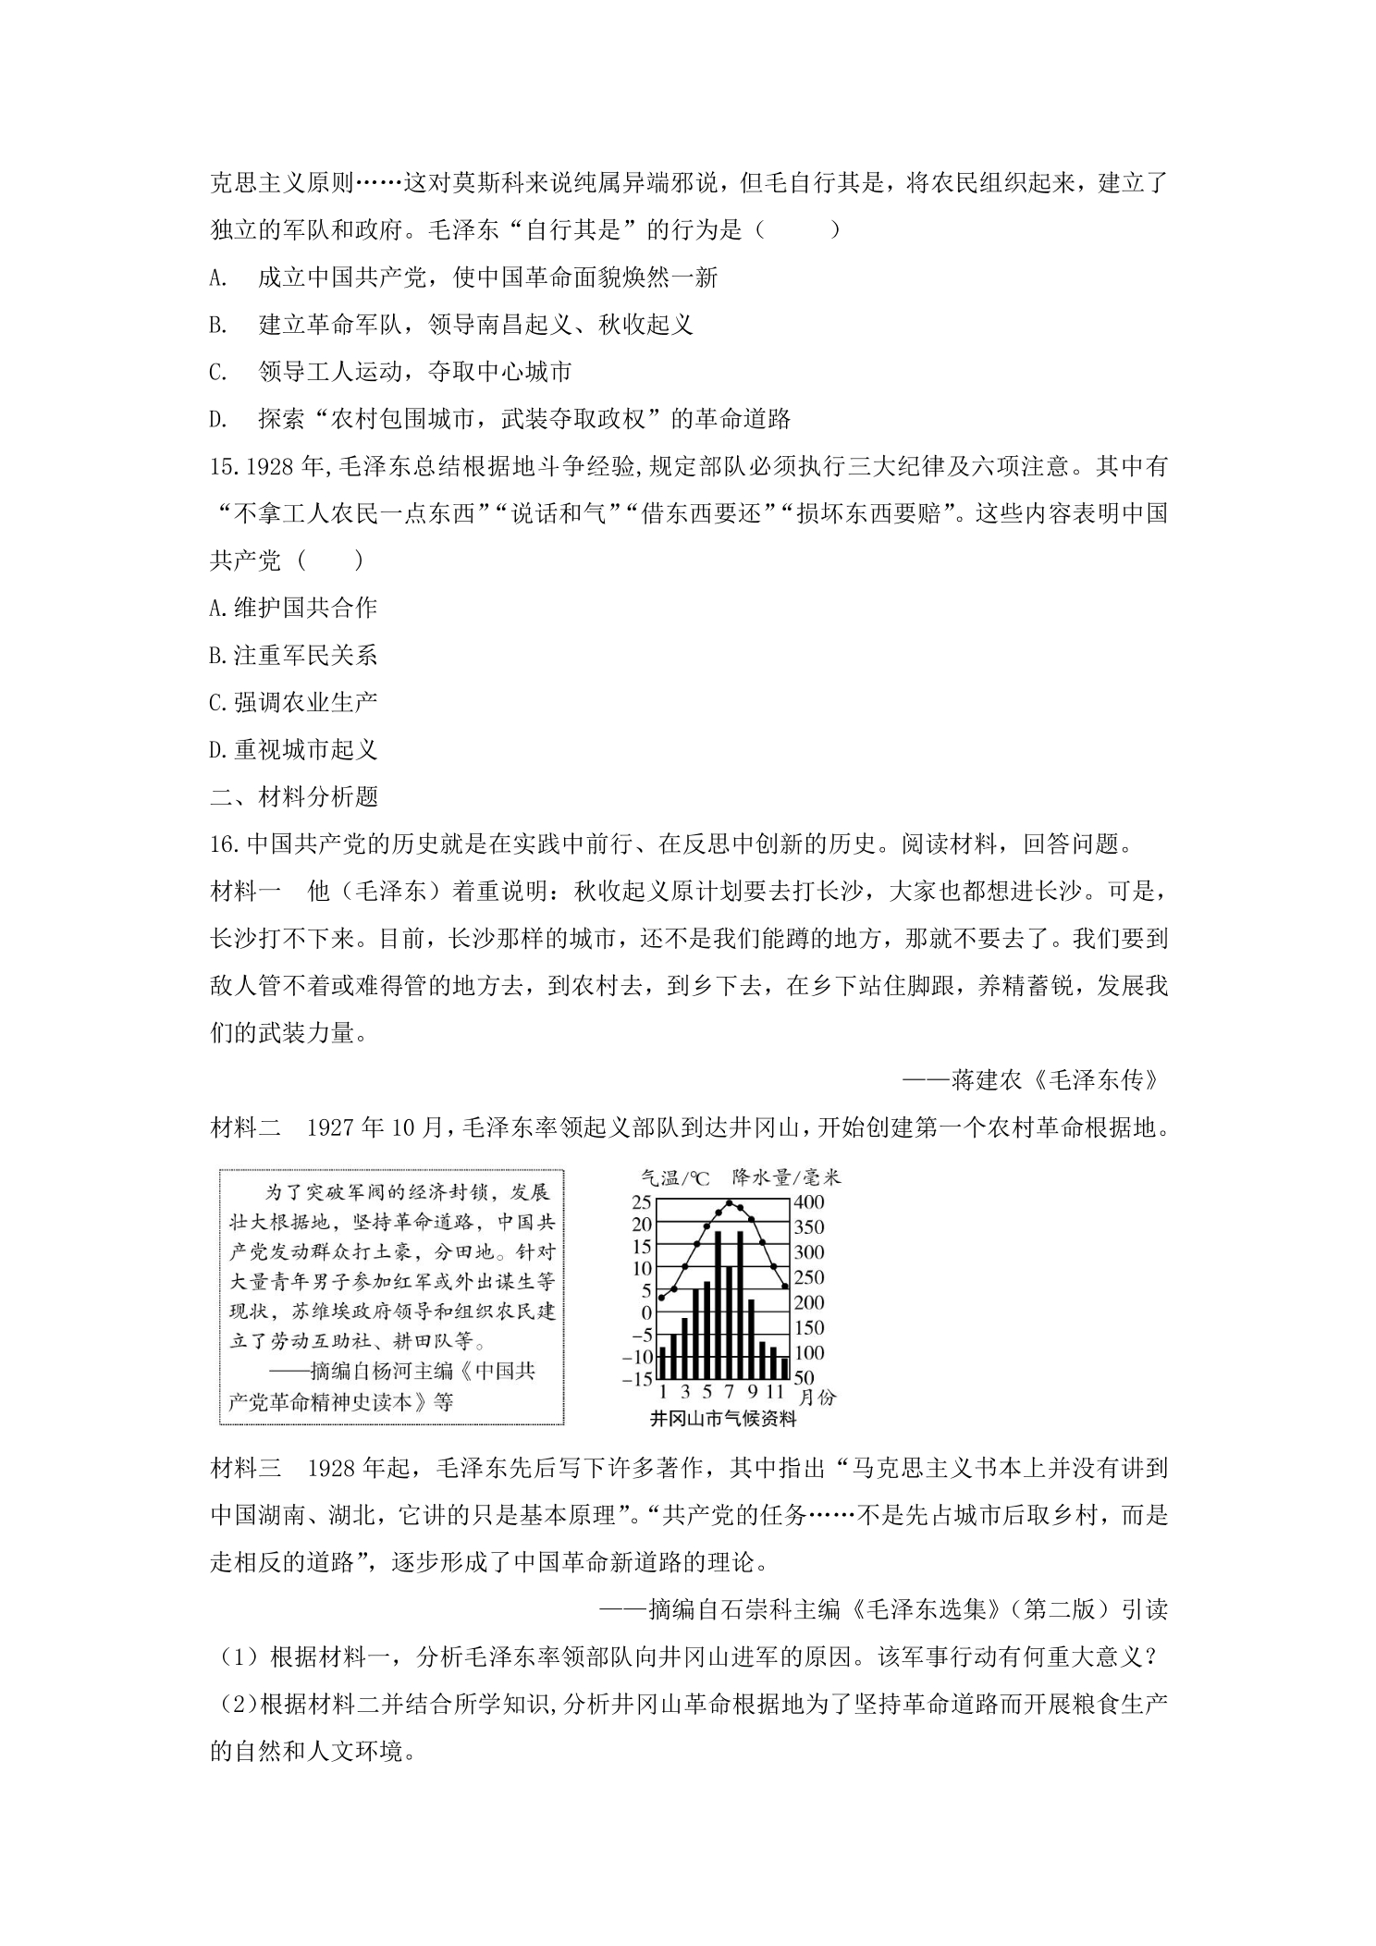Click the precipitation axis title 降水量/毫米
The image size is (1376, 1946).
tap(786, 1177)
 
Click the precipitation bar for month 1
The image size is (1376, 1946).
tap(662, 1361)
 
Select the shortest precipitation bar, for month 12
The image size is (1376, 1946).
tap(783, 1368)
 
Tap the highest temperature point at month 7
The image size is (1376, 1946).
tap(729, 1202)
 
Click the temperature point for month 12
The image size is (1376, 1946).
tap(784, 1286)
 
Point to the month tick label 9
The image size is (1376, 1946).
tap(753, 1393)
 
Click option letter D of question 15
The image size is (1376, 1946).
tap(218, 749)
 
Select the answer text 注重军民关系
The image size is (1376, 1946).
tap(305, 656)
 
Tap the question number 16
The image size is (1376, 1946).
tap(225, 844)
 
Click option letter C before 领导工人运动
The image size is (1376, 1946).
tap(218, 372)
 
